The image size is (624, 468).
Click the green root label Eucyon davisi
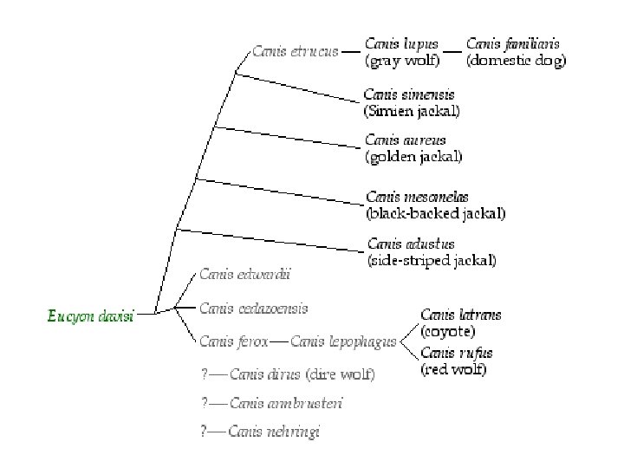point(90,316)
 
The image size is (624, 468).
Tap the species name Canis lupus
point(401,43)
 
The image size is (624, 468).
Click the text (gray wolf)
point(402,61)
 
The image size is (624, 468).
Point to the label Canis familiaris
point(513,43)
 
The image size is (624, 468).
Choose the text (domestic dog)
point(516,61)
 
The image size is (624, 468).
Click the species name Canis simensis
point(409,94)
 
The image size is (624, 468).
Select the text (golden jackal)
point(413,157)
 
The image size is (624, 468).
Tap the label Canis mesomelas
point(417,197)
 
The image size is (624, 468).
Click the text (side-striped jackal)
point(432,259)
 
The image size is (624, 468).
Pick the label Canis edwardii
point(245,275)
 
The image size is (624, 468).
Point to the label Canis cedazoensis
point(253,308)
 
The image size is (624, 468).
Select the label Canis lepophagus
point(343,341)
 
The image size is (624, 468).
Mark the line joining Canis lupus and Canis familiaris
point(452,45)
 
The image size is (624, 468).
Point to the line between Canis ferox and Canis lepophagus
point(279,341)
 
